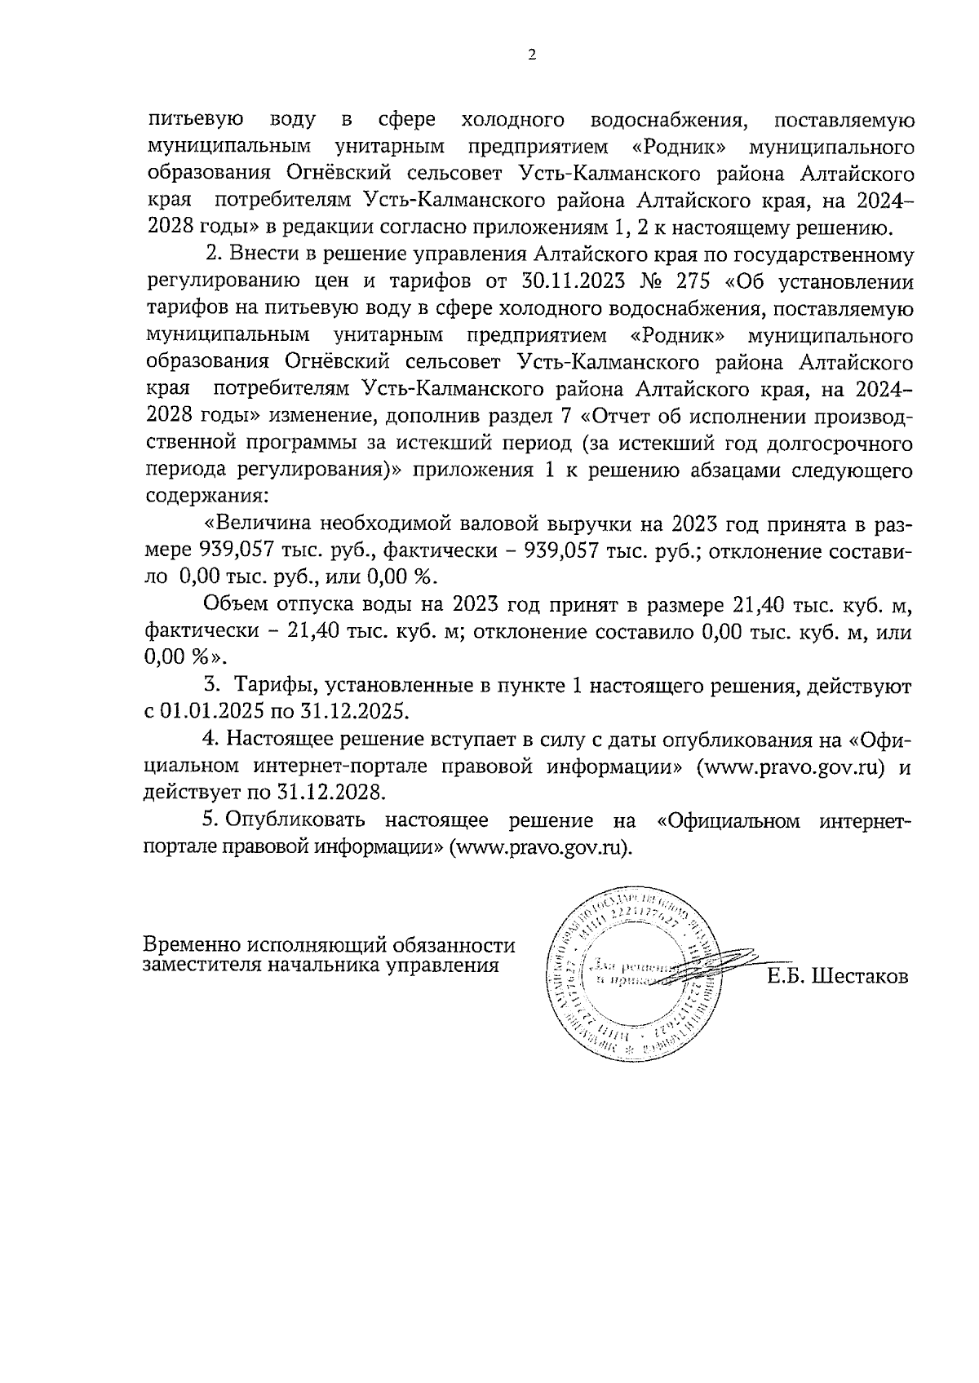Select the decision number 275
coord(693,282)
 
